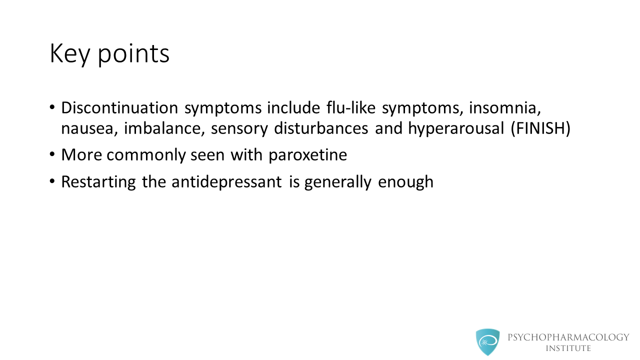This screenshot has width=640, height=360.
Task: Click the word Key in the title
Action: pos(70,53)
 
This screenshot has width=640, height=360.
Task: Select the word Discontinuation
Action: pos(119,108)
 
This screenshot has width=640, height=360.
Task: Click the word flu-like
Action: pos(351,108)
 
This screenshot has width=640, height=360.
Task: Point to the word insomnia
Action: pos(505,108)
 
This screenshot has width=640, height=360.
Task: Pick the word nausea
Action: pos(89,128)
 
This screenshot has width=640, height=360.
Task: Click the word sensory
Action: pos(239,129)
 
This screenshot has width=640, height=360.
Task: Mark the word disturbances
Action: pos(321,128)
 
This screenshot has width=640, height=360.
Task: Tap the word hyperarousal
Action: pos(456,129)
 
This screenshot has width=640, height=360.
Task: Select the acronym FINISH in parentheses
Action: pos(540,128)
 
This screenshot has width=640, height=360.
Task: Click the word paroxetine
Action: pos(307,155)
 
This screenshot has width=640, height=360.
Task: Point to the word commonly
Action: pos(146,155)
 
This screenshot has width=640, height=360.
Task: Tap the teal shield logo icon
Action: pos(487,342)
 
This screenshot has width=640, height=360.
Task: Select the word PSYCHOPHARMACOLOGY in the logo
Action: pos(568,337)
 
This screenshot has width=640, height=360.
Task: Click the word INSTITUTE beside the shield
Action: pos(568,348)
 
